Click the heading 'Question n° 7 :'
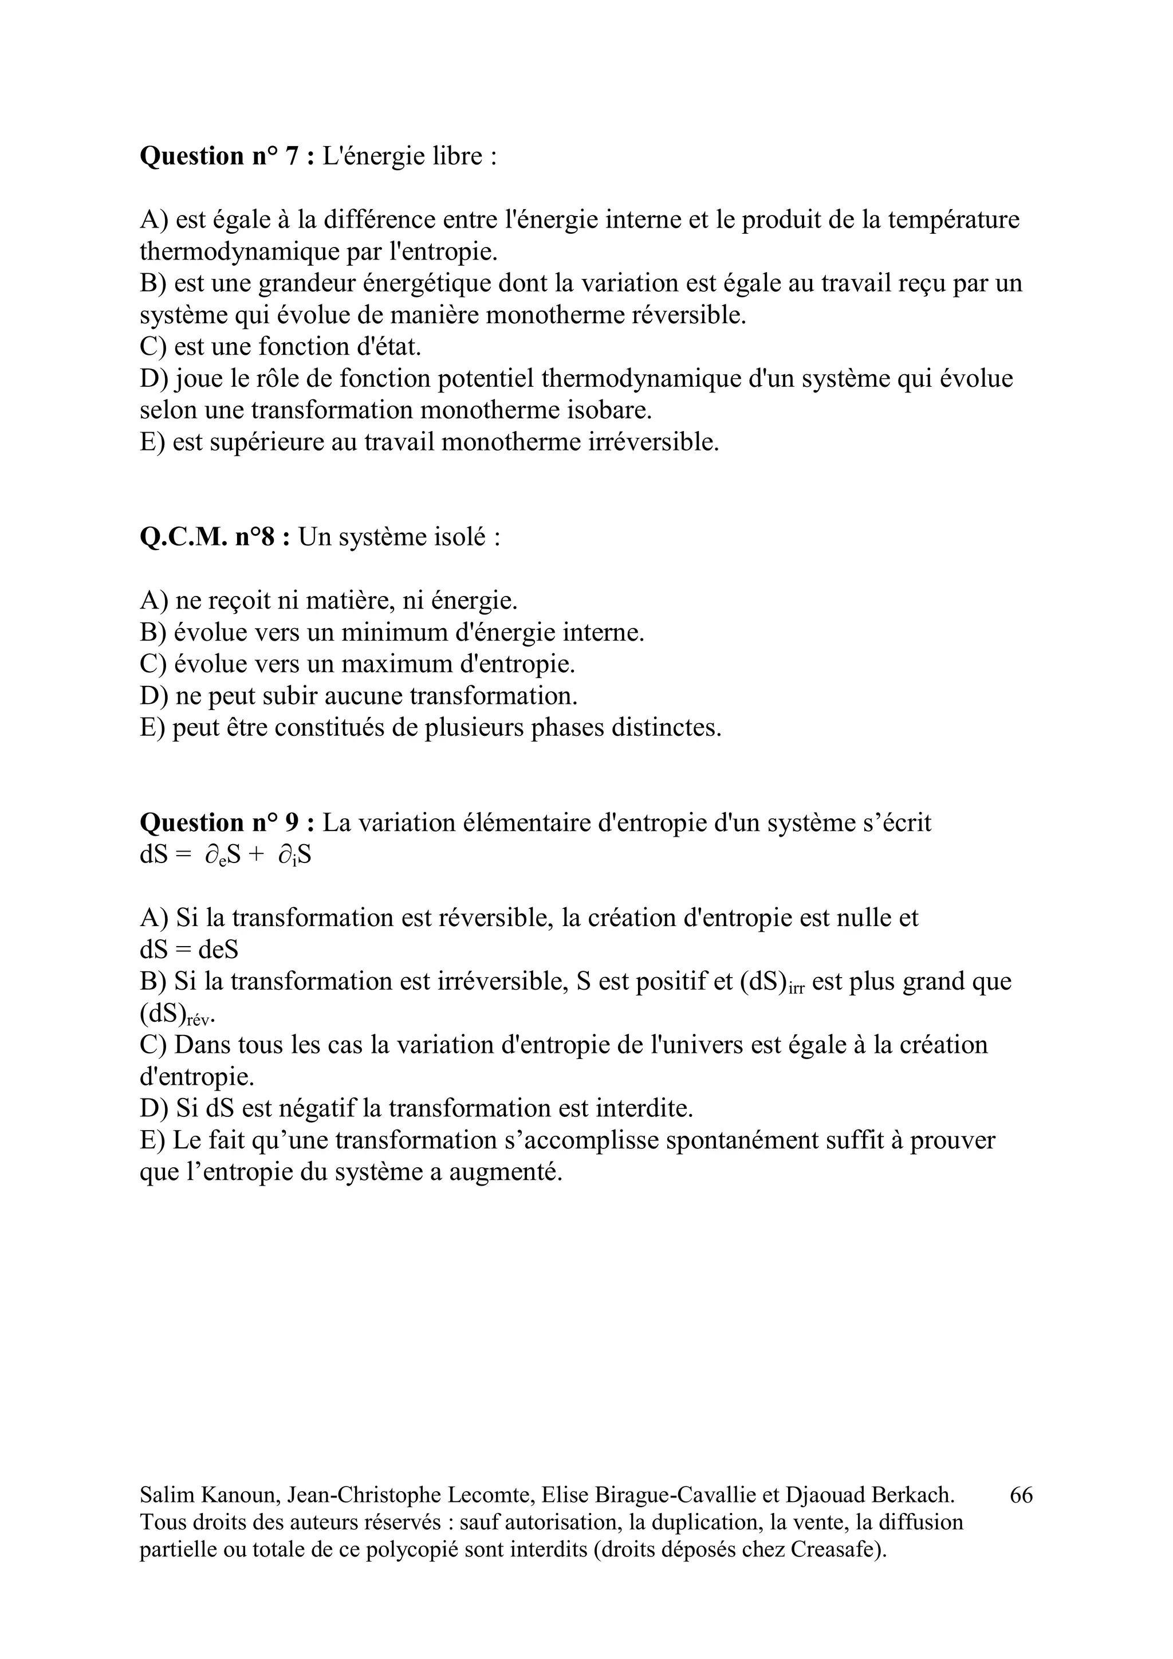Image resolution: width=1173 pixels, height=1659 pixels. pyautogui.click(x=227, y=156)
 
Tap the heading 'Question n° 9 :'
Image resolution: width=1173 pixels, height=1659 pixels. pyautogui.click(x=227, y=823)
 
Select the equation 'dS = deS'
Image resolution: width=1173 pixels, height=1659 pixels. pyautogui.click(x=188, y=950)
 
